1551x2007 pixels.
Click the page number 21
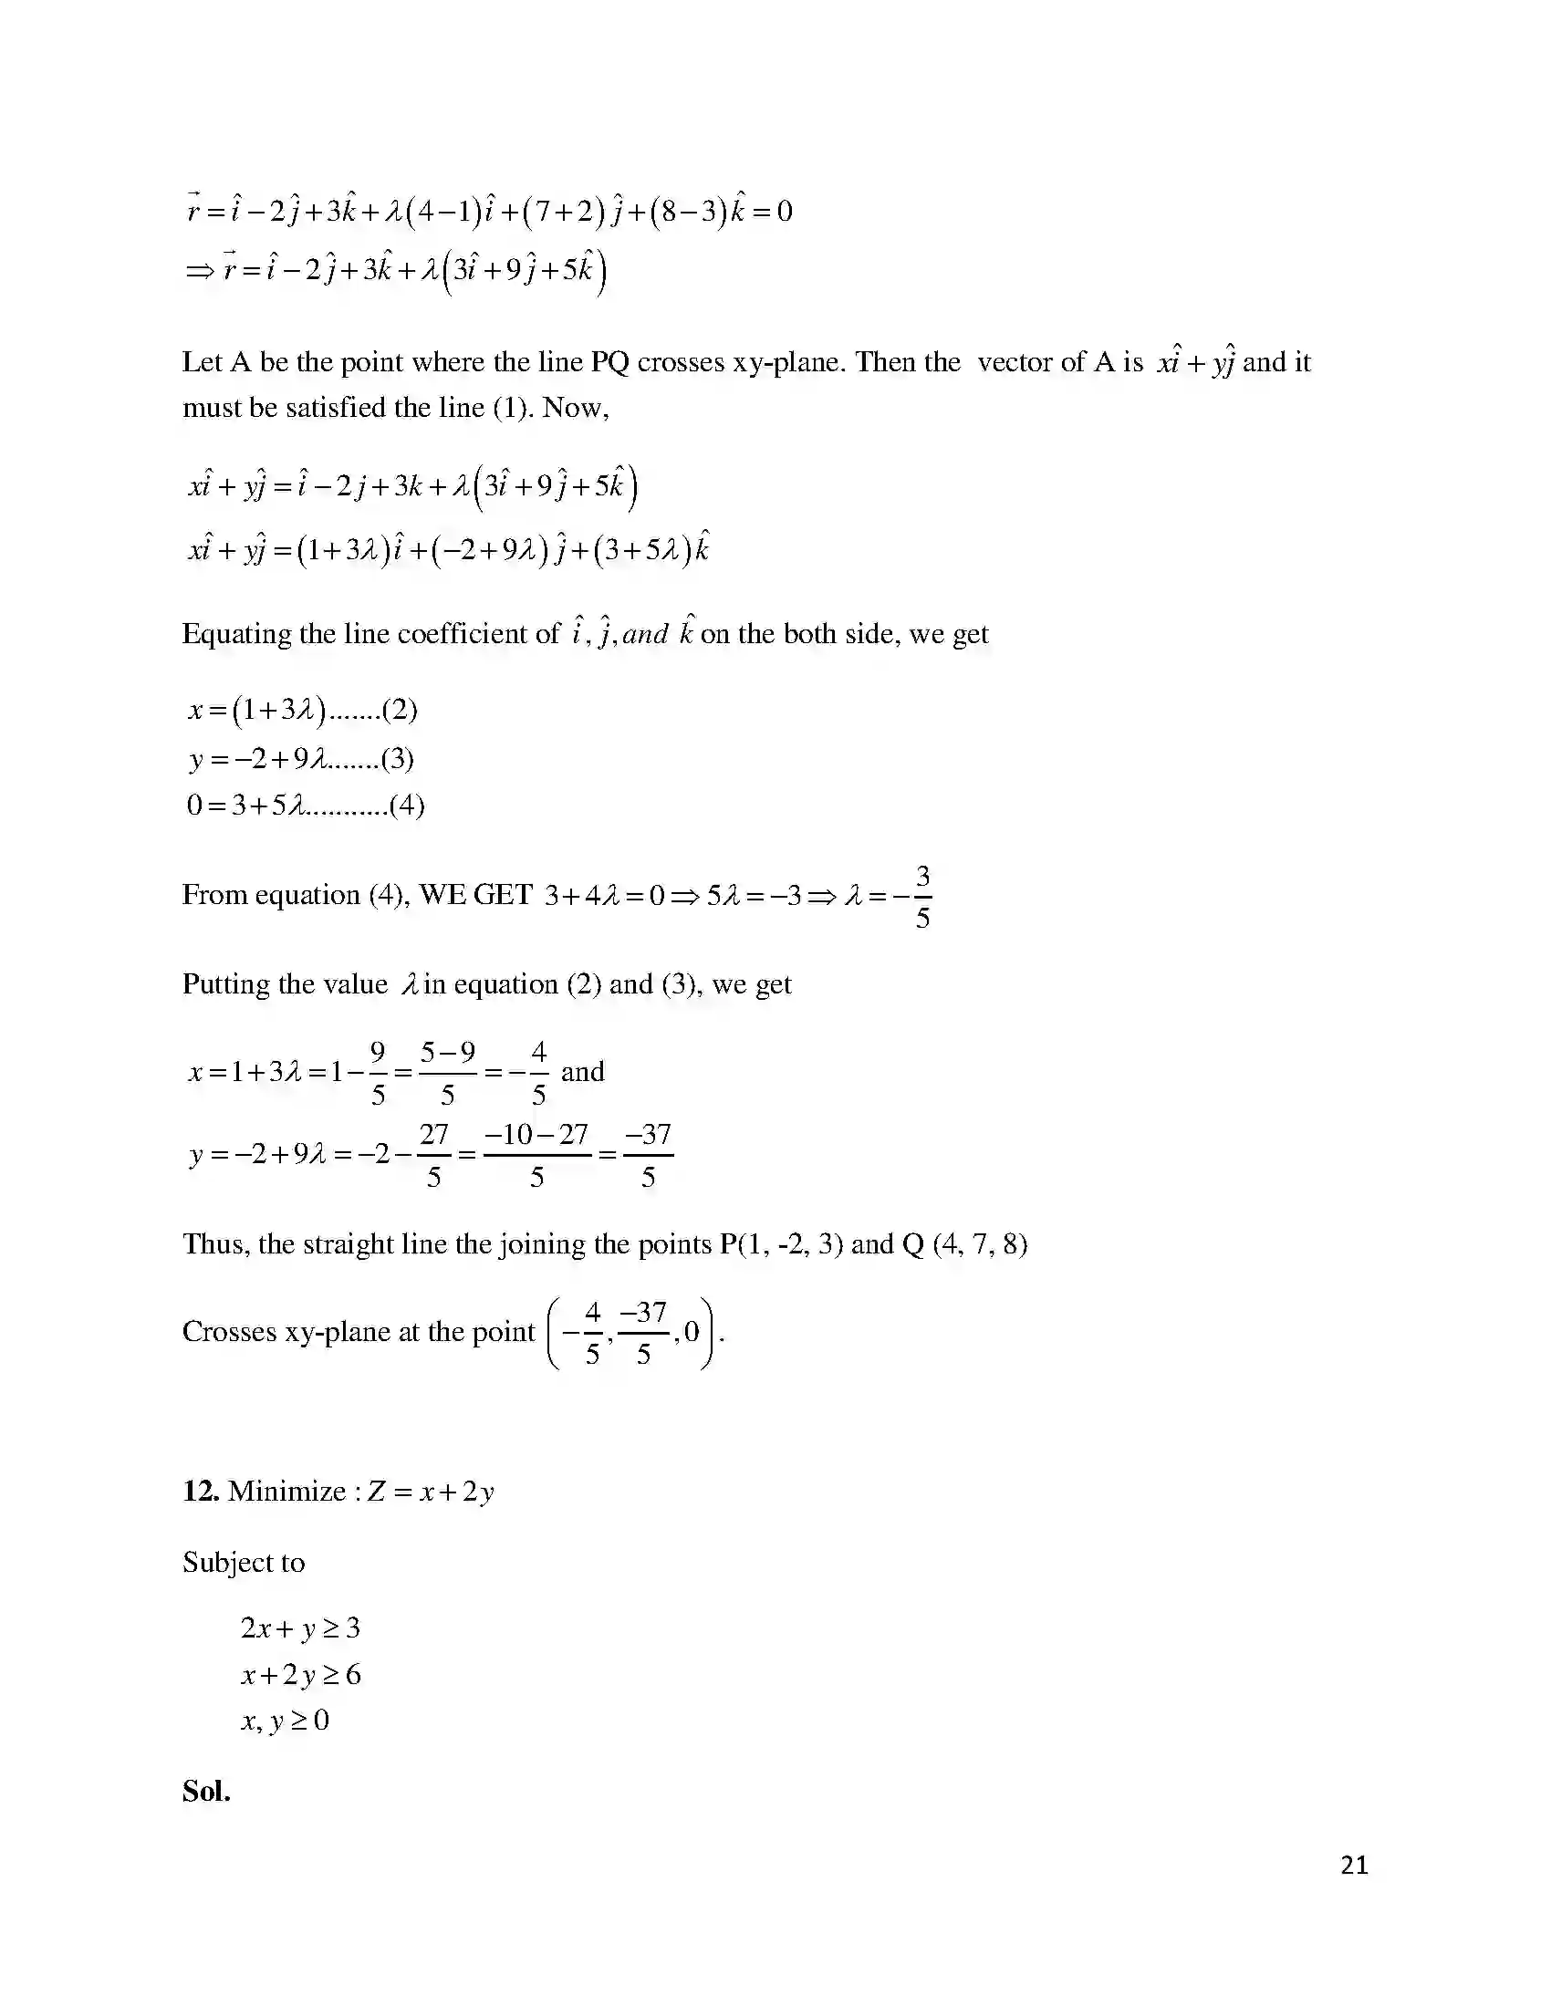coord(1354,1865)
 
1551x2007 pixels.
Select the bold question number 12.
coord(201,1491)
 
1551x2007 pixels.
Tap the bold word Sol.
coord(206,1791)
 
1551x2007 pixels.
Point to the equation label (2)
coord(400,710)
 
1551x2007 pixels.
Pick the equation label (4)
coord(407,806)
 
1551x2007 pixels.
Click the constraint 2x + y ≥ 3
coord(300,1628)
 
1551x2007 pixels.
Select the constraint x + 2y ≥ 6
coord(301,1674)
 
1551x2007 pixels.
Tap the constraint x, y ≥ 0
coord(285,1721)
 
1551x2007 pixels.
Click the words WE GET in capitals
coord(475,894)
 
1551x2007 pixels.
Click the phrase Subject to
coord(244,1562)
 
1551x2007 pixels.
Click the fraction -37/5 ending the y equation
coord(649,1155)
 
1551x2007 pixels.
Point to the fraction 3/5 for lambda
coord(922,896)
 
